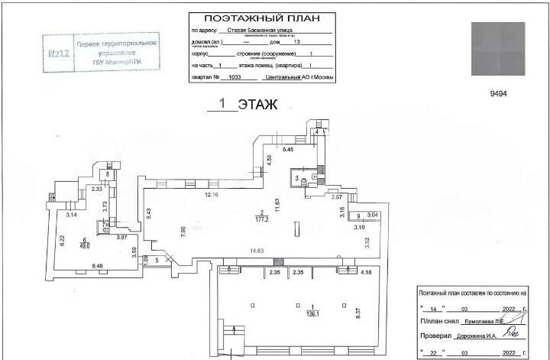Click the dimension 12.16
pyautogui.click(x=212, y=196)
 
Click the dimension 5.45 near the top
pyautogui.click(x=289, y=150)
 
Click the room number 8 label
pyautogui.click(x=108, y=174)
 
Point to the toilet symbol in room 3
pyautogui.click(x=304, y=182)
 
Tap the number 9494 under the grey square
pyautogui.click(x=498, y=93)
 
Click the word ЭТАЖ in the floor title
pyautogui.click(x=257, y=105)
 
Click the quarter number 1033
pyautogui.click(x=234, y=77)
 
